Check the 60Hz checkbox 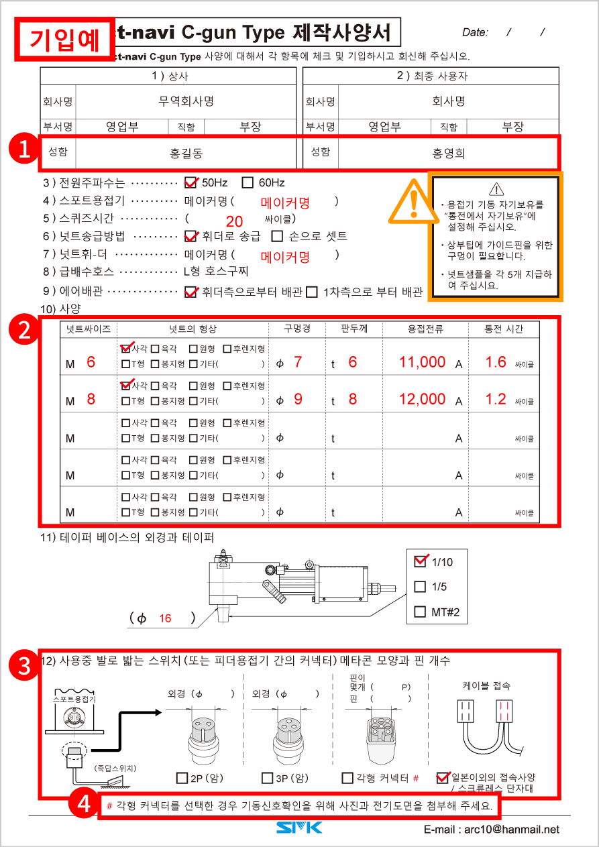tap(248, 182)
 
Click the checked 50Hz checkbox tap(190, 182)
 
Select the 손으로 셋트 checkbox tap(277, 236)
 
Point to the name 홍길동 tap(186, 154)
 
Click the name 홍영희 tap(448, 154)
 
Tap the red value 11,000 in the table tap(422, 362)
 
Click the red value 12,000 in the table tap(422, 399)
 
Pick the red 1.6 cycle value tap(496, 362)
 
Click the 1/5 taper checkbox tap(421, 587)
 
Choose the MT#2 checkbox tap(421, 612)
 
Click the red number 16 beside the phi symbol tap(165, 619)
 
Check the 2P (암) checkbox tap(182, 778)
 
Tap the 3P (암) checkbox tap(267, 778)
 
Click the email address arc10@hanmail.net tap(492, 830)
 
